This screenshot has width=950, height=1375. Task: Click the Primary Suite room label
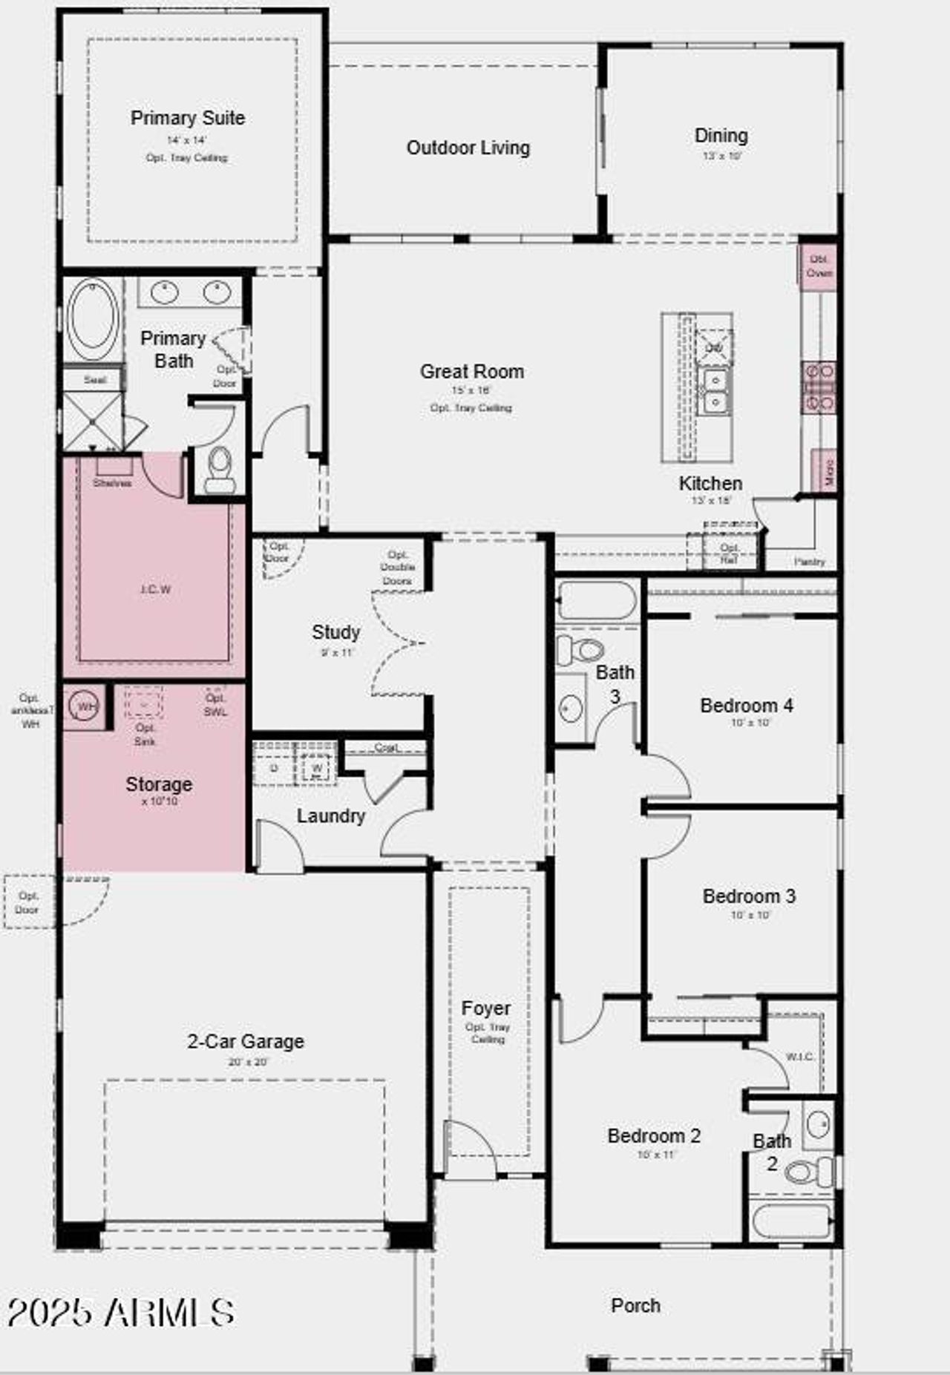click(188, 118)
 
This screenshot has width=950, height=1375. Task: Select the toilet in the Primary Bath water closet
click(220, 469)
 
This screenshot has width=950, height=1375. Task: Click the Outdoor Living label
click(468, 148)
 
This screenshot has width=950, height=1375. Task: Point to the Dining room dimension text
click(721, 157)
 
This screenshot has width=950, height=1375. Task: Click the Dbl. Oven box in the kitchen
click(819, 266)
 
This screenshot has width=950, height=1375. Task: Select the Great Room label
click(471, 371)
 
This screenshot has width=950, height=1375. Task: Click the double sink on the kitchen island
click(715, 391)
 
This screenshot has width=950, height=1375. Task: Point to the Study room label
click(335, 632)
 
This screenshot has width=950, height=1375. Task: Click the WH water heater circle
click(85, 706)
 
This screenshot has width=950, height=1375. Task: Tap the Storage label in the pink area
click(159, 784)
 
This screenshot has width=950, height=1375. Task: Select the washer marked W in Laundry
click(317, 767)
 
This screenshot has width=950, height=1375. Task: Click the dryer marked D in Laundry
click(274, 767)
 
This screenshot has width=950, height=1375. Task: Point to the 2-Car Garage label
click(246, 1041)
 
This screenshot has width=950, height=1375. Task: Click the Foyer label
click(486, 1008)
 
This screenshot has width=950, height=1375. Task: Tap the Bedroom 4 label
click(746, 705)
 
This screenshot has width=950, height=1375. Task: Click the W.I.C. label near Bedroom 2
click(800, 1056)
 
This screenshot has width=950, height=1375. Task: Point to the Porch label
click(635, 1305)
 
